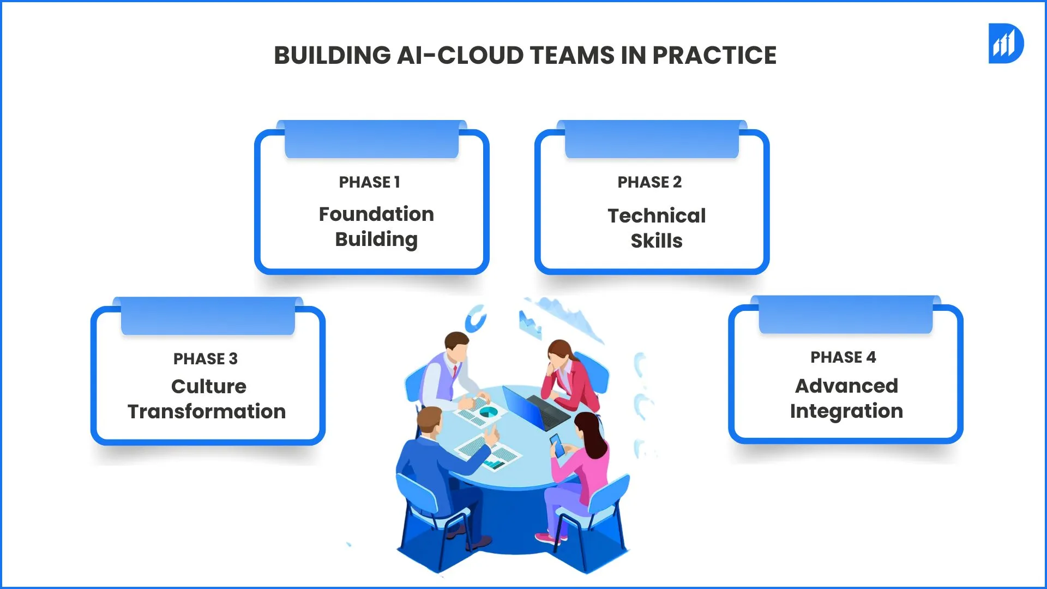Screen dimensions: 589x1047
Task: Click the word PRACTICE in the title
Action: coord(714,56)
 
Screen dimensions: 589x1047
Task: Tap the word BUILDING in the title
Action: coord(332,56)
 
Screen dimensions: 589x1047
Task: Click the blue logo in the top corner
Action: coord(1006,44)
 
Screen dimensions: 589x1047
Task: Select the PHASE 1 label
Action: coord(369,182)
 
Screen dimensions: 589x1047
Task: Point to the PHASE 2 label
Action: coord(649,182)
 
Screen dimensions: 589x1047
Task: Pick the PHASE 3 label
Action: coord(206,359)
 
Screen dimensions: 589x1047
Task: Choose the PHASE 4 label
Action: coord(843,357)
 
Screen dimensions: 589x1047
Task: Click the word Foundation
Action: coord(376,214)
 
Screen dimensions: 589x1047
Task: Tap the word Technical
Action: coord(657,216)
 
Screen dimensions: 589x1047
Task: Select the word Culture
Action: coord(208,387)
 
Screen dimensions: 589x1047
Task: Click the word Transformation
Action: coord(207,412)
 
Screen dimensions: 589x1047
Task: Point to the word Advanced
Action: coord(846,386)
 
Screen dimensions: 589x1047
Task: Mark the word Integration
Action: coord(846,411)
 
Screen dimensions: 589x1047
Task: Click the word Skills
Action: coord(657,241)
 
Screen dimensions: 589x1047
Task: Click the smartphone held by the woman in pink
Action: coord(557,445)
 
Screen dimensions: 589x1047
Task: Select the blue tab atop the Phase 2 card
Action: coord(652,140)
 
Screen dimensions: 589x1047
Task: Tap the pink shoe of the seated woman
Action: coord(546,538)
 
